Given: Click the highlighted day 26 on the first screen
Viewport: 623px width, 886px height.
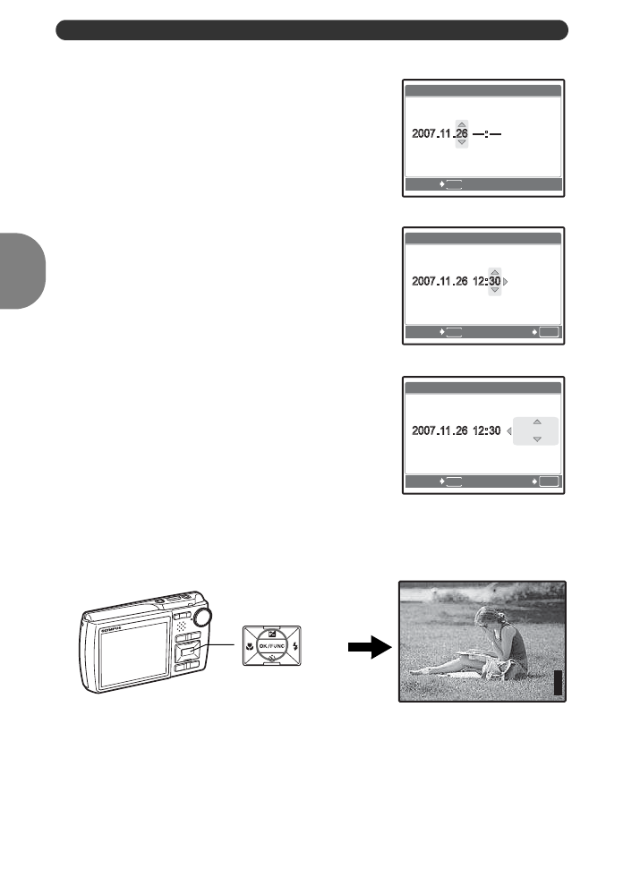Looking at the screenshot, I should point(461,133).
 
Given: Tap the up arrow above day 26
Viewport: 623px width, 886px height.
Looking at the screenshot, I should point(461,124).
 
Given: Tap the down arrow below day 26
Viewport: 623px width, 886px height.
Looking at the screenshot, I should point(461,143).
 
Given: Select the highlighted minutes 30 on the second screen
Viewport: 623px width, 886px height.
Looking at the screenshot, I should point(494,281).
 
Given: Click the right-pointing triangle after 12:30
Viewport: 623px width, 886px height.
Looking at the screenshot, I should point(506,281).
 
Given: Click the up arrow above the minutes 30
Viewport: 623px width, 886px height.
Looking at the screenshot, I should point(494,270).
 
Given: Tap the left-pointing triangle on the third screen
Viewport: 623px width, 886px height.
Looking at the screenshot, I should point(508,431).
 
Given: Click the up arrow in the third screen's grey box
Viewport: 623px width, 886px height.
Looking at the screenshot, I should point(536,420).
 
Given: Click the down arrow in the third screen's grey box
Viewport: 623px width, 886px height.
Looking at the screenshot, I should point(536,440).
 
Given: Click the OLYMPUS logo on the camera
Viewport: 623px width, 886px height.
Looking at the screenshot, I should point(110,629).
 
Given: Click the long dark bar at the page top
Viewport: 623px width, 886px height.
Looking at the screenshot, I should point(312,30).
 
